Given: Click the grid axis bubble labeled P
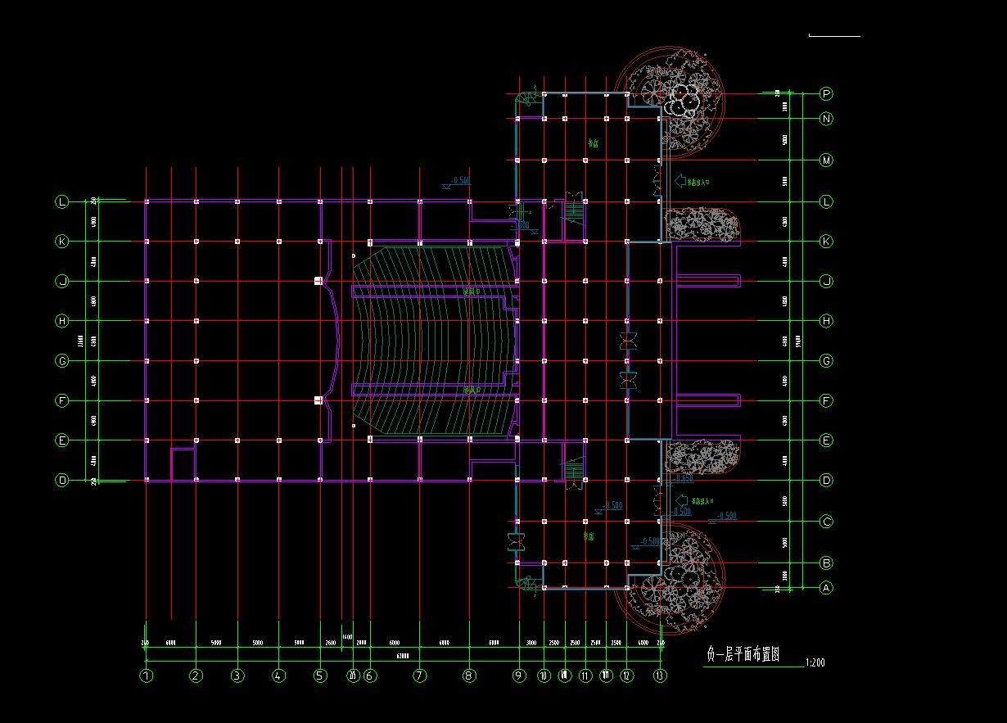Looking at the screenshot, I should (826, 94).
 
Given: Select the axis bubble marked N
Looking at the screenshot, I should (826, 119).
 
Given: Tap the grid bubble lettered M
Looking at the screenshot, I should (826, 160).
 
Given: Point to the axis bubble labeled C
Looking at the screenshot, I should (826, 522).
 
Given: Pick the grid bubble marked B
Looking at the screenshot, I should (826, 563).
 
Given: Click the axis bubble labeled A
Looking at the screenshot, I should (826, 587).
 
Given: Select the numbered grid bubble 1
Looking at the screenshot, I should (147, 676).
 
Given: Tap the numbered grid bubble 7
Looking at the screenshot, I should (420, 676).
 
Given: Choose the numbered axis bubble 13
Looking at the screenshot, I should (660, 676).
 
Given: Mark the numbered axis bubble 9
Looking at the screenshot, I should (519, 676).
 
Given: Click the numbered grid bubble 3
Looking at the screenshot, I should (237, 676).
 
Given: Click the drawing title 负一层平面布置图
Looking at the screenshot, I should (743, 654).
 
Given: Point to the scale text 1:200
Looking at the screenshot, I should (815, 662).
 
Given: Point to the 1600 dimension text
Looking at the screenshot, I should (347, 636).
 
